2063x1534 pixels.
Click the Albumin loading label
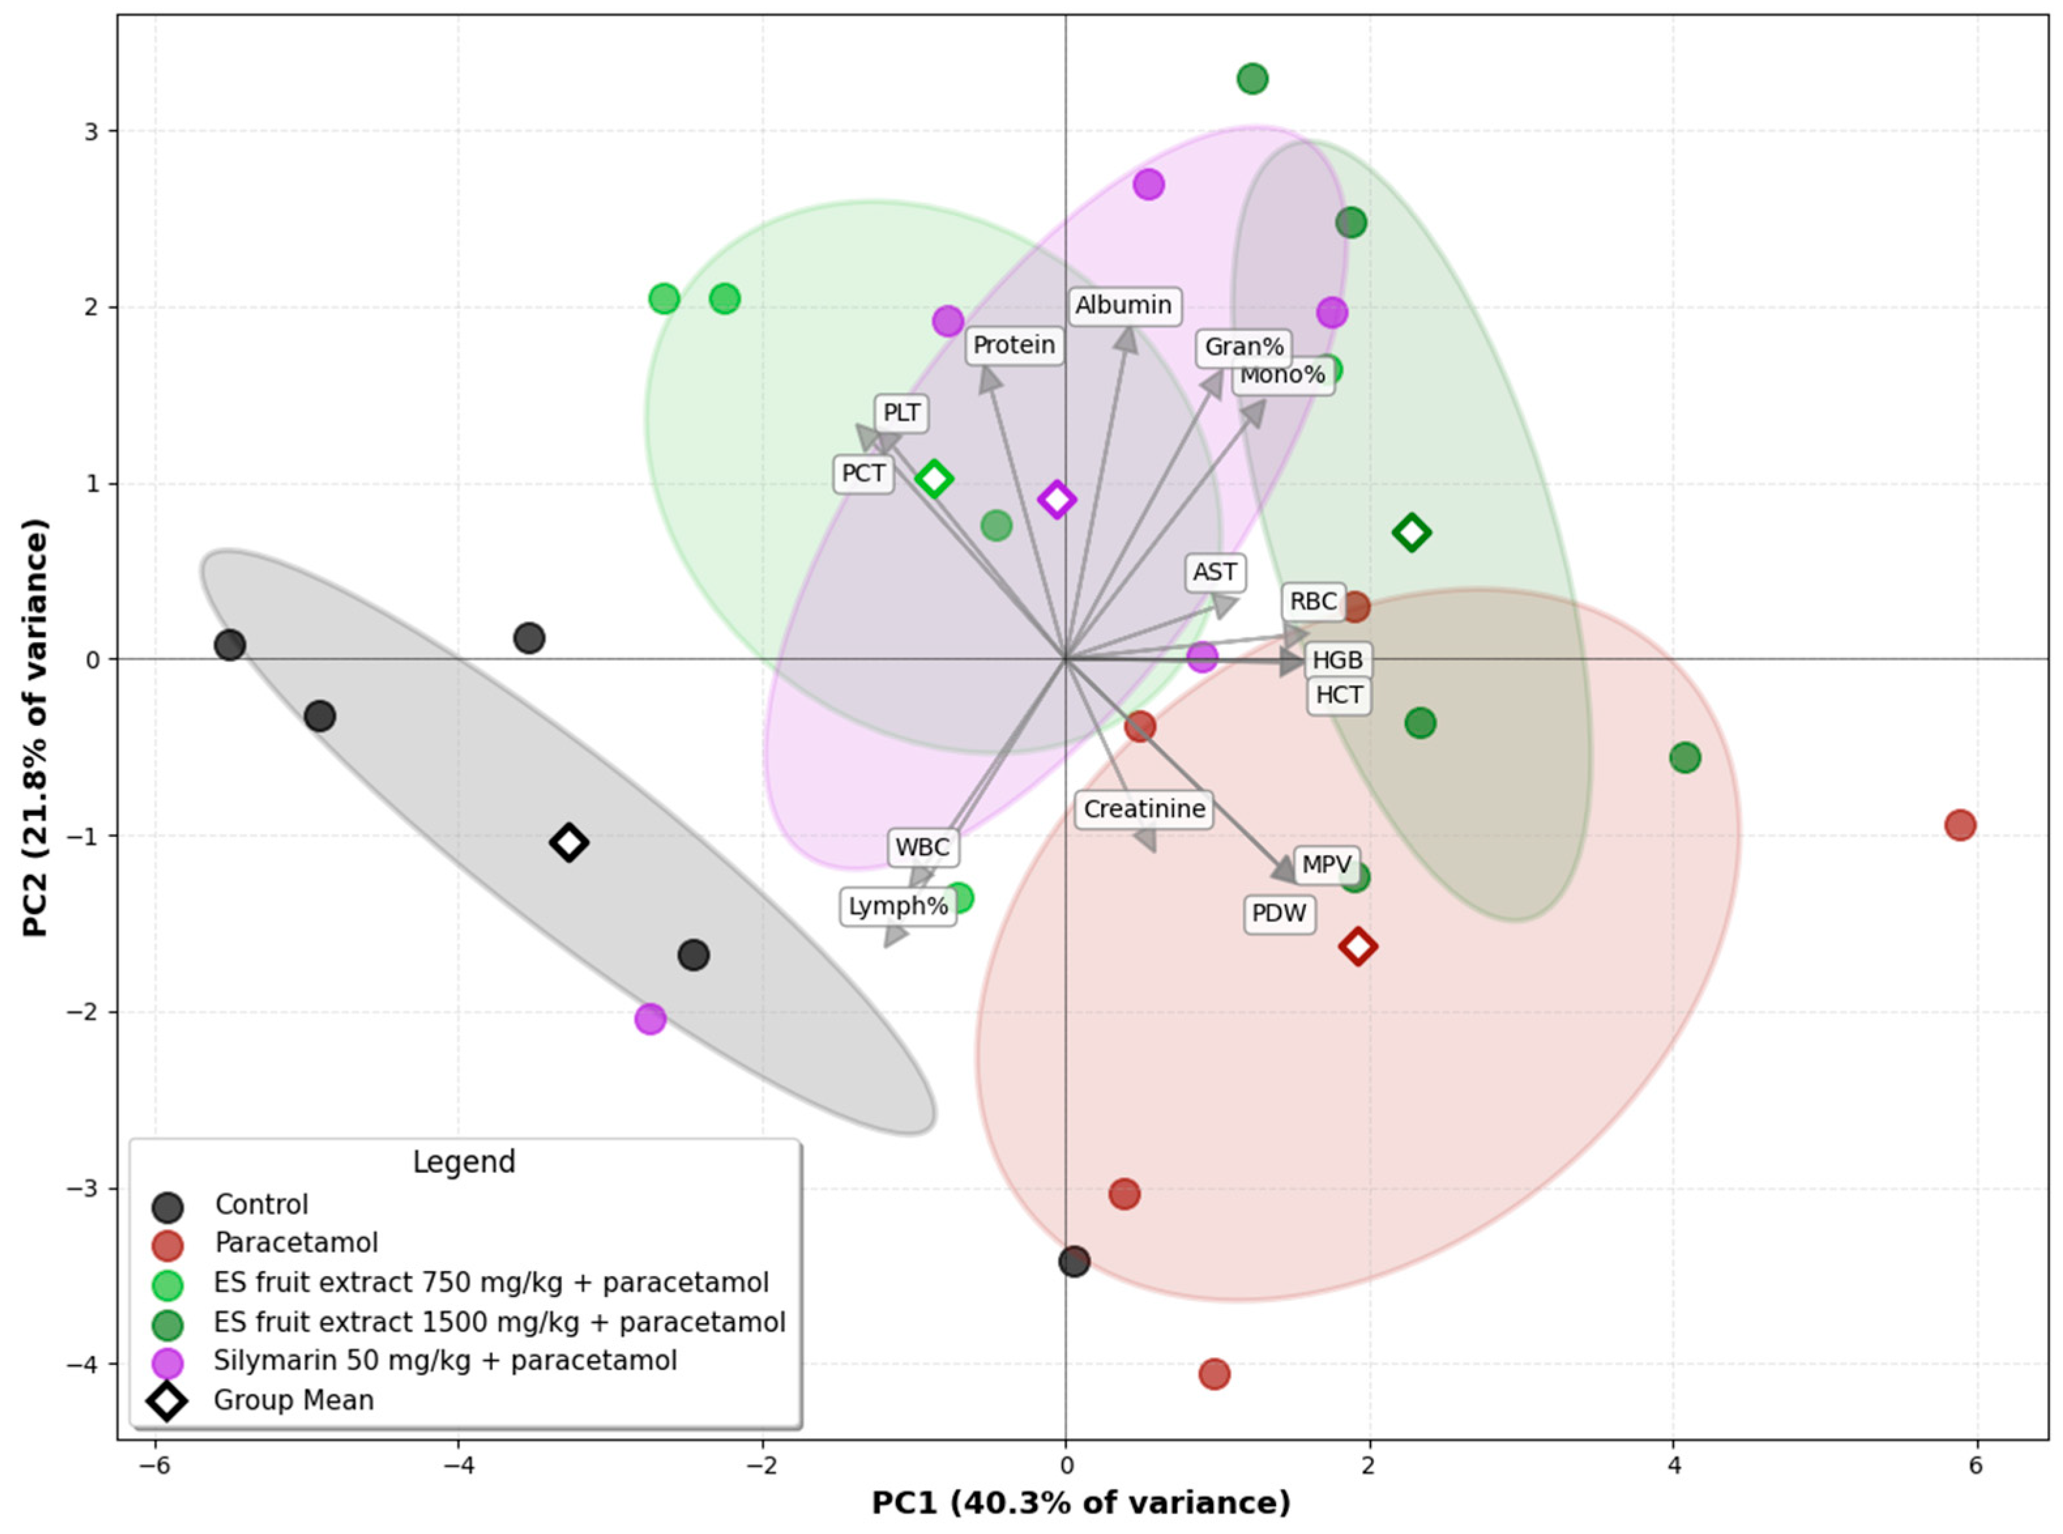1123,305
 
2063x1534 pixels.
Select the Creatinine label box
1144,809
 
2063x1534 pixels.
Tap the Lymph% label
898,906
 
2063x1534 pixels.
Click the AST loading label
1215,572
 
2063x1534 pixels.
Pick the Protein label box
1014,345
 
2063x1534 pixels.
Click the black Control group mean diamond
569,842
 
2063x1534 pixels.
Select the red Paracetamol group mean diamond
1357,947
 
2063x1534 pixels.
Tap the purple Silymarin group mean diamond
1057,499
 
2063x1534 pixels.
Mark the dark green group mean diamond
1411,532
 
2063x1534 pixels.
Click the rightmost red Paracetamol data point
1959,824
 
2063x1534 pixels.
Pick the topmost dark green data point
1252,79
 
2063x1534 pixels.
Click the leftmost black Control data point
229,644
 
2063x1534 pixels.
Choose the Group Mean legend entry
294,1400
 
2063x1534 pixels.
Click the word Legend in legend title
463,1162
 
